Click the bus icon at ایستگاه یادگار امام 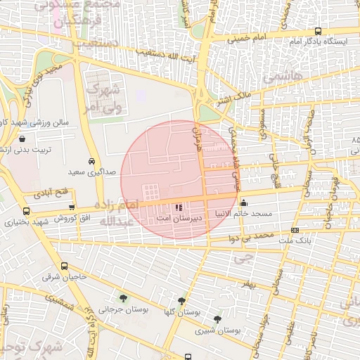[318, 31]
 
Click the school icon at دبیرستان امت [179, 207]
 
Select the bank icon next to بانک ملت [294, 230]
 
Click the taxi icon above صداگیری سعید [93, 160]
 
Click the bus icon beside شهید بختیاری [27, 211]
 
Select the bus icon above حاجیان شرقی [65, 266]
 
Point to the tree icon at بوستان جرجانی [124, 298]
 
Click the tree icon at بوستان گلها [182, 301]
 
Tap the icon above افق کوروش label [72, 207]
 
